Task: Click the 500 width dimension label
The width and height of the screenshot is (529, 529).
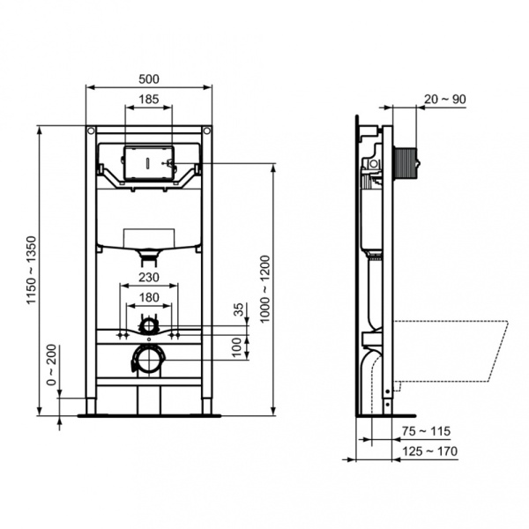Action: click(x=148, y=78)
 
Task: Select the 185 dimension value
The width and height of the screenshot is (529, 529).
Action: click(x=149, y=101)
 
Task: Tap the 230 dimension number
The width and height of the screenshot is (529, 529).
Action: click(x=148, y=278)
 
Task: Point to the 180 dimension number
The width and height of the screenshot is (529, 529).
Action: click(x=148, y=298)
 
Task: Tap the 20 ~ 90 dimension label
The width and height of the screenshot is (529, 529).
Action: click(x=448, y=99)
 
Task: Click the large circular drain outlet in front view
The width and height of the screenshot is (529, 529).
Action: click(x=148, y=359)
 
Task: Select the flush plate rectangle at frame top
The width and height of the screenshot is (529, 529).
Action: click(x=148, y=163)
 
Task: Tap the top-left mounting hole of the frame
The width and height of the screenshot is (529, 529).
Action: click(x=91, y=132)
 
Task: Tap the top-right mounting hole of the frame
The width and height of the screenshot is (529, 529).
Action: click(x=207, y=132)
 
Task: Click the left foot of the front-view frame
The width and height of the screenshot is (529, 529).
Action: click(x=92, y=410)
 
